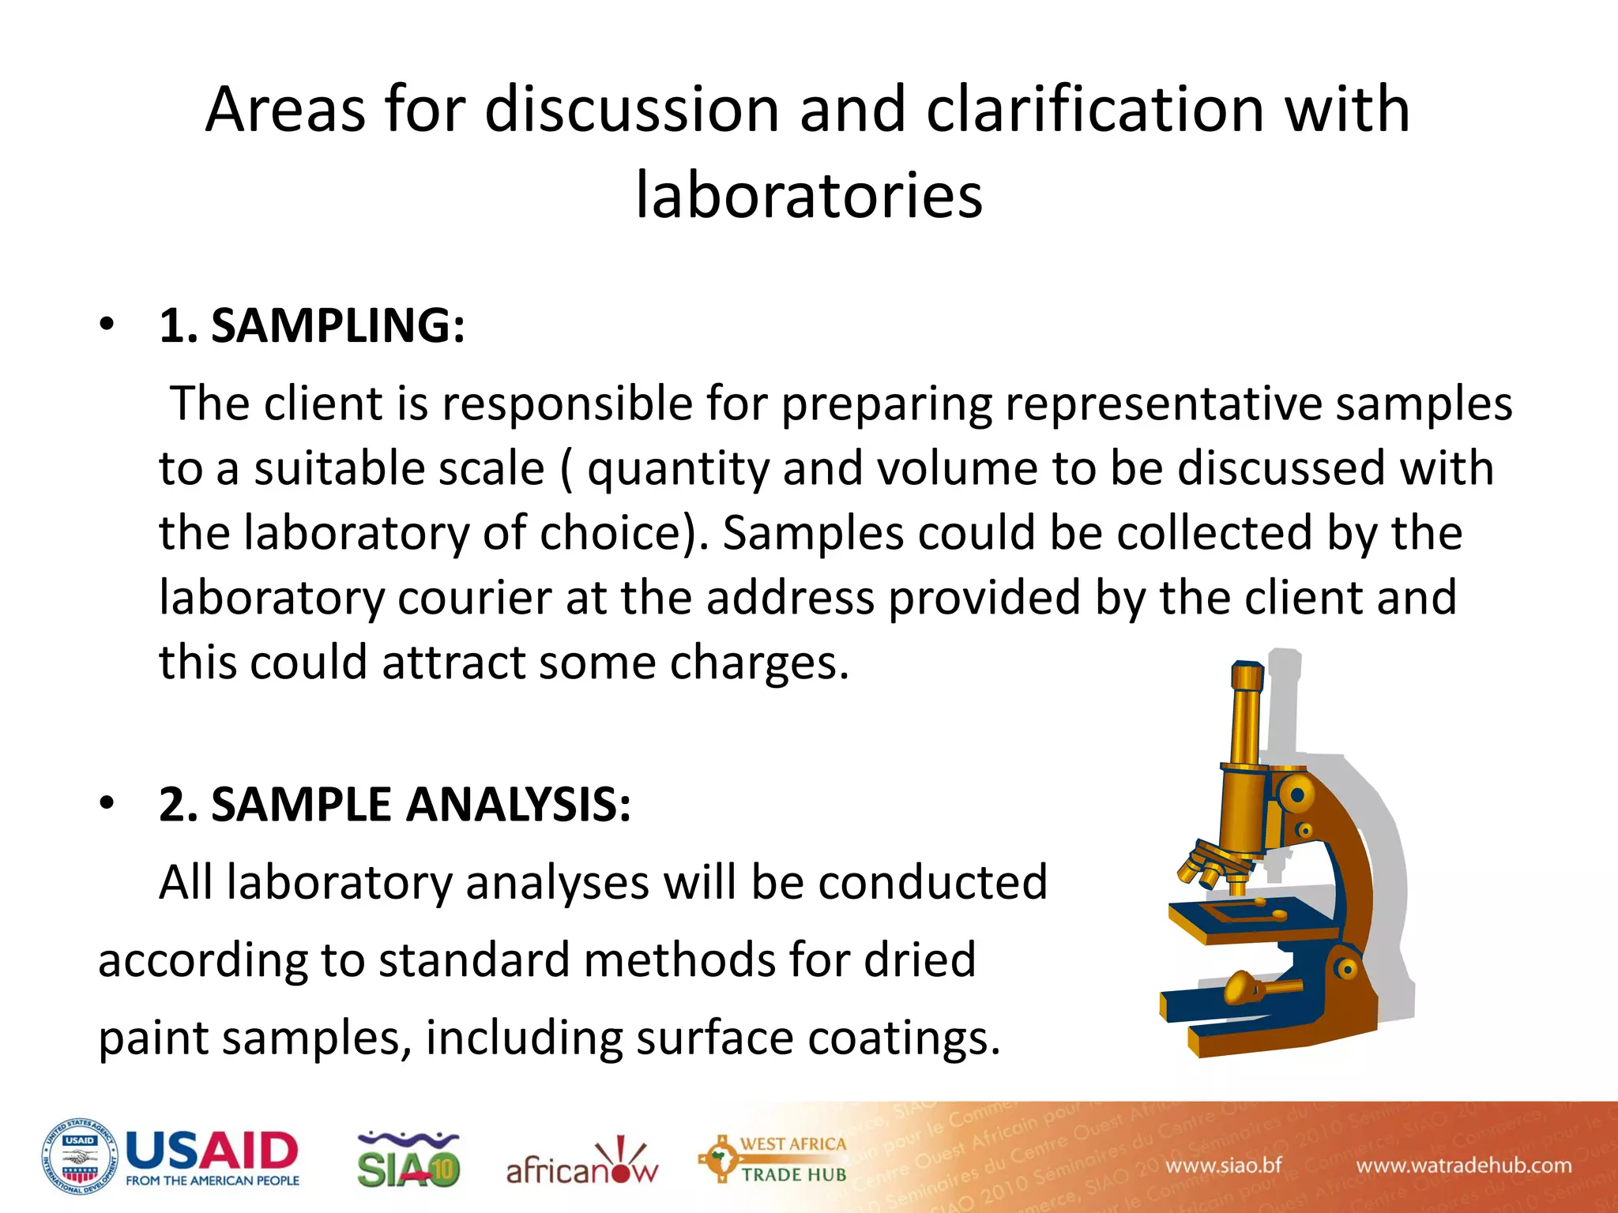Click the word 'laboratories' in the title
point(809,195)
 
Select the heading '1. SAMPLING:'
point(312,325)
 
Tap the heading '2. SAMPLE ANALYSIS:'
point(395,805)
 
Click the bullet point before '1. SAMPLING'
point(107,325)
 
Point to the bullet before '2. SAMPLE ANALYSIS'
point(107,804)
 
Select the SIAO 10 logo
point(408,1161)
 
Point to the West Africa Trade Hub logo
point(773,1159)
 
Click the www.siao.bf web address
point(1223,1166)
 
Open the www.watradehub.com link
point(1464,1166)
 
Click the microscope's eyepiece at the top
point(1247,678)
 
